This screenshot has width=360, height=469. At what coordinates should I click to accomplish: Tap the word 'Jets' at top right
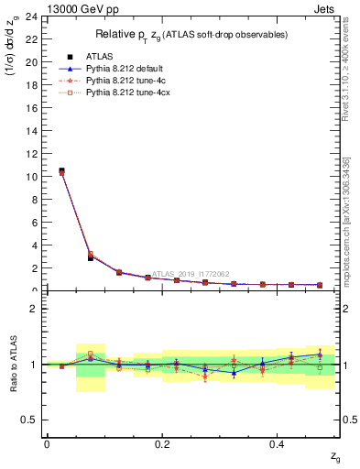tap(323, 8)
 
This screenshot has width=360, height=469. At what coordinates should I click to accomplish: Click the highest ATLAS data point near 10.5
tap(61, 170)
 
